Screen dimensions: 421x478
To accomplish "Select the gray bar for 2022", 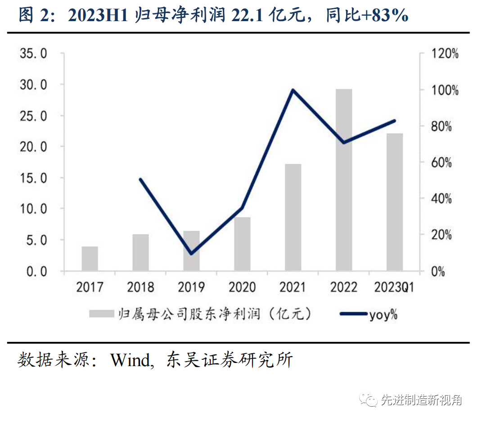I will click(344, 180).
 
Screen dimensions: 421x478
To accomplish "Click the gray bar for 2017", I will click(90, 259).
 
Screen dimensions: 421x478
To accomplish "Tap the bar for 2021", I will click(293, 218).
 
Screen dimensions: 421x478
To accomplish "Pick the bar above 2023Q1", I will click(395, 202).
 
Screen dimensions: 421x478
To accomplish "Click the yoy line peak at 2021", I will click(293, 90).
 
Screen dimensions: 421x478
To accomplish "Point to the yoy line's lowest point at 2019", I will click(191, 254).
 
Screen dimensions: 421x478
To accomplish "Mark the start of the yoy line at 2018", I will click(140, 179).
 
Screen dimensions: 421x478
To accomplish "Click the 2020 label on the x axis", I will click(242, 287).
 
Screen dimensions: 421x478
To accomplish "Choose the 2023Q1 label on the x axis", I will click(394, 287).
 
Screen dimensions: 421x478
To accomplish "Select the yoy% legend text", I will click(383, 314).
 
